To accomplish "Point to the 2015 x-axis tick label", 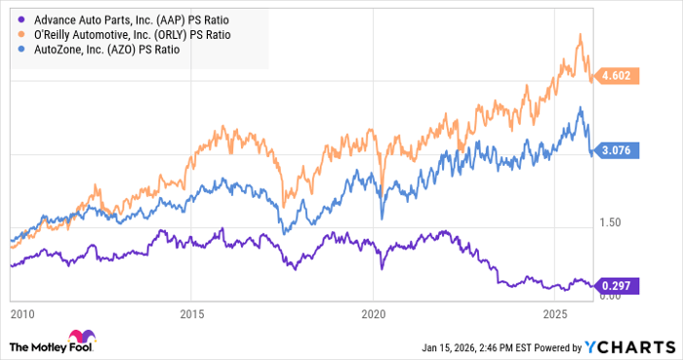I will [192, 314].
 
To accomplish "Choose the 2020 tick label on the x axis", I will [374, 314].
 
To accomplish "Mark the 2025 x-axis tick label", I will [555, 314].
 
